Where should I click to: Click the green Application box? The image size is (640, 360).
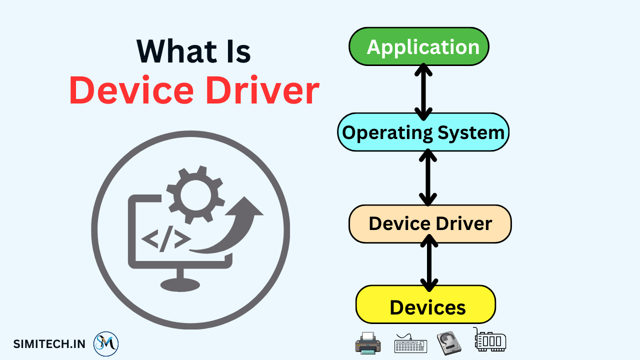(418, 46)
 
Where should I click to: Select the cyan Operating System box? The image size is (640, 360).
(423, 132)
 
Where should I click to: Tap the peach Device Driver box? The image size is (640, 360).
(430, 223)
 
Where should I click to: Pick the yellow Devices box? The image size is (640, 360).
(425, 304)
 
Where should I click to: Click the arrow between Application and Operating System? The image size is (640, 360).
(423, 91)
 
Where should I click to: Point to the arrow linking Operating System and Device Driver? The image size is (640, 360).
(427, 177)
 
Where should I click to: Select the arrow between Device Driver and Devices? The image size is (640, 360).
(429, 263)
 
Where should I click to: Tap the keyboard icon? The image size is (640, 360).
(410, 344)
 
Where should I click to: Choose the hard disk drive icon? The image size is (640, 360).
(448, 343)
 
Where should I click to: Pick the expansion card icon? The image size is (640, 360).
(489, 340)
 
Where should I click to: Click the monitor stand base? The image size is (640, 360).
(180, 284)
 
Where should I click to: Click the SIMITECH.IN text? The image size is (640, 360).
(49, 343)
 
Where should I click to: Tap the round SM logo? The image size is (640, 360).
(106, 343)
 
